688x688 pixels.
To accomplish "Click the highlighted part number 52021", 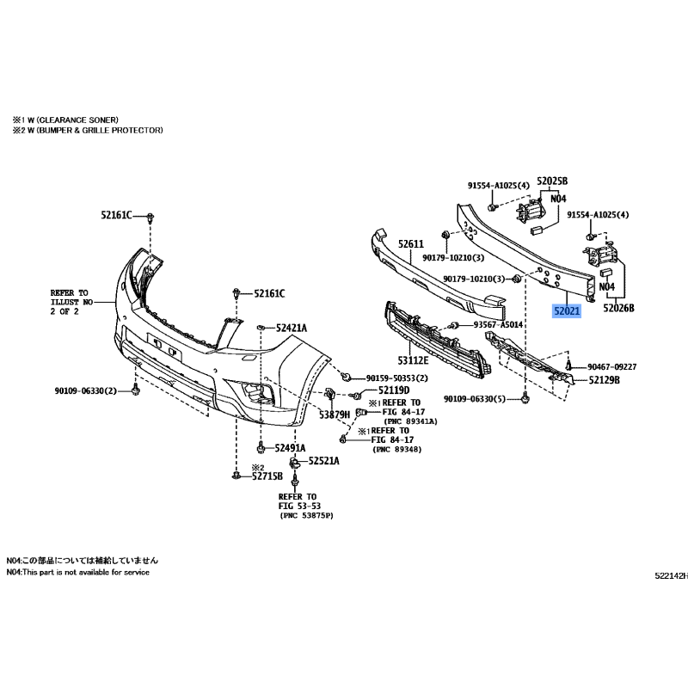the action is [x=567, y=311].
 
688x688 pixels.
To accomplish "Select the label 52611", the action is [x=411, y=243].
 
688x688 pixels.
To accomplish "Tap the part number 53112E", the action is [x=413, y=360].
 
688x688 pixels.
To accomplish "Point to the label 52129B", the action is [x=605, y=380].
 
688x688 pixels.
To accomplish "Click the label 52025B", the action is [x=552, y=181].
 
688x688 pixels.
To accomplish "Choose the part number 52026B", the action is [x=618, y=308].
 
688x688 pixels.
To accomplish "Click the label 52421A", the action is [x=292, y=328].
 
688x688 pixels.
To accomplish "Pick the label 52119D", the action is [x=394, y=390].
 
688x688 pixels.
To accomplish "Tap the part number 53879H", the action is [x=335, y=415].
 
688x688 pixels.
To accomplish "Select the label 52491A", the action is [x=290, y=448].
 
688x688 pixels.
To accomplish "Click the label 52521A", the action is [x=324, y=461].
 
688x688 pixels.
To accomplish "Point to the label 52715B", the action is [x=267, y=476].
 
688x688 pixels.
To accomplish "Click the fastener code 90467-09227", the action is [x=611, y=366].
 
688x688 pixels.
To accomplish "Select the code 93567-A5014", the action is [x=498, y=325].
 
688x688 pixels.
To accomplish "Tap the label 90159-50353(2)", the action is [x=396, y=378].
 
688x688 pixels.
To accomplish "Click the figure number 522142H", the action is [x=672, y=576].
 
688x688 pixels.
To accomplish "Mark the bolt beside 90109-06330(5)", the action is [x=525, y=399].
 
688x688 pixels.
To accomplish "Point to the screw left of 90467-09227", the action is [x=569, y=364].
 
